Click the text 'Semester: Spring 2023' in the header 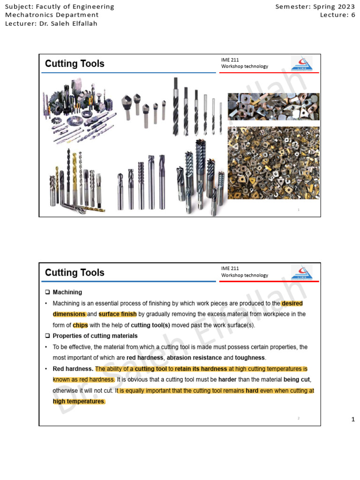coord(315,7)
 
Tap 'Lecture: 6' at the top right coord(337,15)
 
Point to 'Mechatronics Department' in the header coord(52,15)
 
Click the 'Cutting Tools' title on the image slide coord(75,64)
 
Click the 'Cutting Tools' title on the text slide coord(75,273)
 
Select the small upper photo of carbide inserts coord(273,106)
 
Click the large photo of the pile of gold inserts coord(273,163)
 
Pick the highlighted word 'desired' coord(292,303)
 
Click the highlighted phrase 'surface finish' coord(118,314)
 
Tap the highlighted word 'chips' coord(80,325)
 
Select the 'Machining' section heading coord(67,292)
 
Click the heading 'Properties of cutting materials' coord(95,336)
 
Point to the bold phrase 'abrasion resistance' coord(194,358)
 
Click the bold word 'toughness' coord(250,358)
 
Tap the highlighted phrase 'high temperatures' coord(79,401)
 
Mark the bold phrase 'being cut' coord(297,379)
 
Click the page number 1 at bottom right coord(353,420)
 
